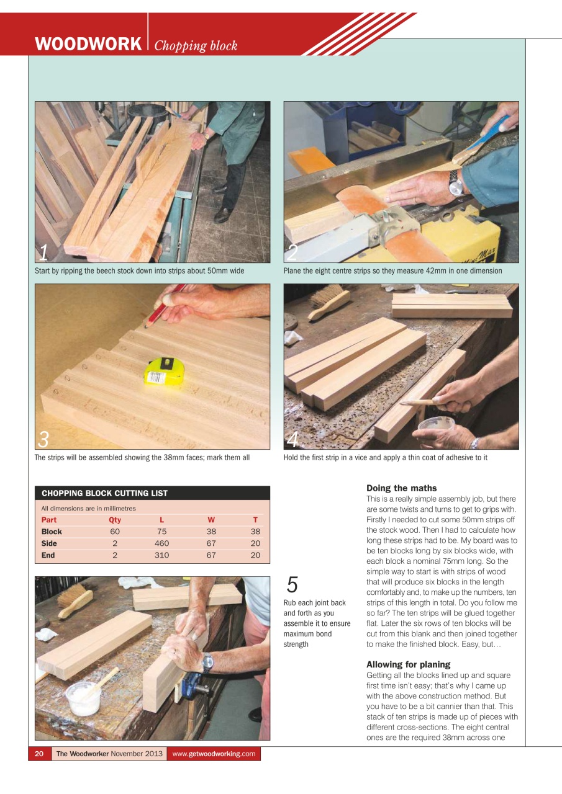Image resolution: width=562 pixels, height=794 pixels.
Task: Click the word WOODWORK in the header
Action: coord(88,45)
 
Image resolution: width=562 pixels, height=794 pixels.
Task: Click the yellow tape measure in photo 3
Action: coord(163,371)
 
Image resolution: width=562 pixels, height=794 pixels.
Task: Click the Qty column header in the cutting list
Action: coord(115,520)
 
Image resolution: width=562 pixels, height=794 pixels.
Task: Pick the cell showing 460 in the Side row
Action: coord(161,543)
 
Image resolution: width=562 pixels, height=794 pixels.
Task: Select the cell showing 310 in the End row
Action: coord(161,555)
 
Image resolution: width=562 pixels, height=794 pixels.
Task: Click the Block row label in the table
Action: coord(52,532)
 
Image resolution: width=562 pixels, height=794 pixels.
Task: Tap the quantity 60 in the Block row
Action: coord(115,532)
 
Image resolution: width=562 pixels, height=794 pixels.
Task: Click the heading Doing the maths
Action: coord(401,488)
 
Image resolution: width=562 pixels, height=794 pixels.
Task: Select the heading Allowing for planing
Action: coord(408,664)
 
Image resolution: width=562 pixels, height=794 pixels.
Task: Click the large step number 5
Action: coord(292,585)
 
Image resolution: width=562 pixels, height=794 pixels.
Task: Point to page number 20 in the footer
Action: coord(39,754)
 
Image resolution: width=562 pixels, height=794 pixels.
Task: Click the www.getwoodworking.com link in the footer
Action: coord(214,754)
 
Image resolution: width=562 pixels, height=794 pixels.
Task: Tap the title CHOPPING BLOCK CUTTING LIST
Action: coord(104,493)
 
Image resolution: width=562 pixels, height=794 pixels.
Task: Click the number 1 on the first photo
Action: coord(43,252)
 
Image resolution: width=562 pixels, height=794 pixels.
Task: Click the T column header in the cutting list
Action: coord(255,520)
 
